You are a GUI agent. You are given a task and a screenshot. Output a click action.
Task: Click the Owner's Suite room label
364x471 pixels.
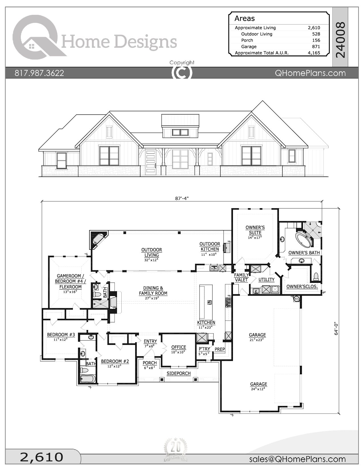click(x=255, y=230)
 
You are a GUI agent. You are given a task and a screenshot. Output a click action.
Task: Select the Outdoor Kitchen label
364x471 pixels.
click(x=210, y=246)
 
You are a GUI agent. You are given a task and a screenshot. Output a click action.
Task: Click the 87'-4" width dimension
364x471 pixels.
click(x=182, y=198)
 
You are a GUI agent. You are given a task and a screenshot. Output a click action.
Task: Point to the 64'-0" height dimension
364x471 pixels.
click(x=336, y=328)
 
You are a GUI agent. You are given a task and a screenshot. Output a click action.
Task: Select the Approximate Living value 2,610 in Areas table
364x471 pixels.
click(x=314, y=28)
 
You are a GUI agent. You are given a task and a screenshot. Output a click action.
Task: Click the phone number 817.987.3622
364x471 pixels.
click(x=39, y=73)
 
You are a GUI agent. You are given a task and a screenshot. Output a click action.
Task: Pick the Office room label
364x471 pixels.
click(x=178, y=347)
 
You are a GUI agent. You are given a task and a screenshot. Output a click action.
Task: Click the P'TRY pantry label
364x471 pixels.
click(x=204, y=349)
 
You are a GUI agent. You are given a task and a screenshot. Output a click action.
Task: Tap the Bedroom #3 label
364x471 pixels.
click(x=61, y=335)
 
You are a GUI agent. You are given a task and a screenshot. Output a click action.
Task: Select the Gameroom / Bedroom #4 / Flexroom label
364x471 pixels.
click(x=70, y=281)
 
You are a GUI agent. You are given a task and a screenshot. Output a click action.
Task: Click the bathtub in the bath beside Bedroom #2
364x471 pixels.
click(x=87, y=379)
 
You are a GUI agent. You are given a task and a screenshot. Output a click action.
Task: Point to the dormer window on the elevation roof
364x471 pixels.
click(x=180, y=132)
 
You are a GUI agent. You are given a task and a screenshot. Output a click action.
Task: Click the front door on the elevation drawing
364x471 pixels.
click(x=150, y=162)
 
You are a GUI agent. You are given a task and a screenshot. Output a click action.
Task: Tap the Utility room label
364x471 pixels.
click(x=266, y=279)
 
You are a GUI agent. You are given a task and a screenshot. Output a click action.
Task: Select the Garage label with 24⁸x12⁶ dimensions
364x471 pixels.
click(x=258, y=384)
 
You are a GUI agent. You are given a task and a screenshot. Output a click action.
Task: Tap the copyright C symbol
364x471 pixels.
click(x=182, y=73)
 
